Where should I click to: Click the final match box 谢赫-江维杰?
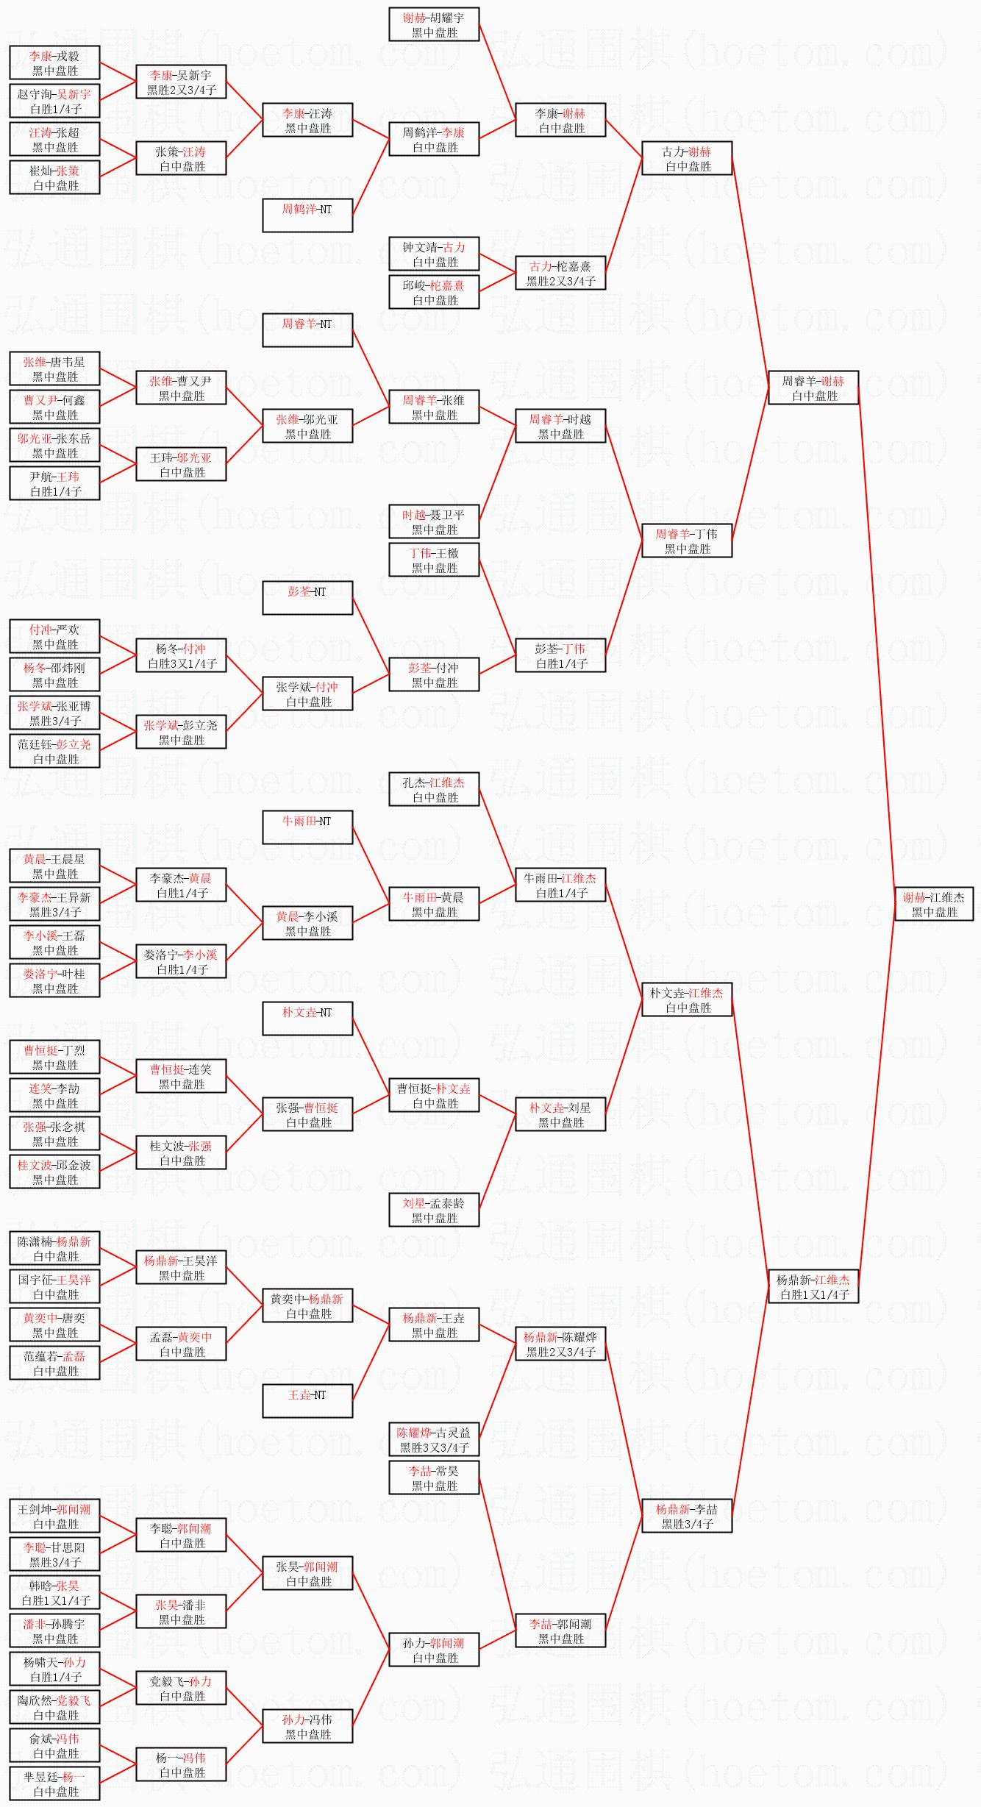[933, 904]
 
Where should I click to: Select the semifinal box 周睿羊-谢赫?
[813, 388]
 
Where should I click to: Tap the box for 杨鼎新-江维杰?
[813, 1286]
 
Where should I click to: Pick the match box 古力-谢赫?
[687, 158]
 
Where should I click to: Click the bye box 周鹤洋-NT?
[307, 215]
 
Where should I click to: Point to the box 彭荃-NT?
[307, 598]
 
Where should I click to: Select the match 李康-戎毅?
[54, 63]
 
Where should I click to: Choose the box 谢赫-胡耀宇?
[434, 24]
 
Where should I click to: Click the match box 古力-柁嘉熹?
[560, 273]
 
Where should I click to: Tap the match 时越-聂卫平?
[434, 521]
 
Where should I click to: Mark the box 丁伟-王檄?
[434, 560]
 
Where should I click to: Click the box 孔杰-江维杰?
[434, 789]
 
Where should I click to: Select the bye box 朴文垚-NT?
[307, 1019]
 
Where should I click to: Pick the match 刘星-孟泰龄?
[434, 1210]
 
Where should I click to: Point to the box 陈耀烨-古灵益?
[434, 1439]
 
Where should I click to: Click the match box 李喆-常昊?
[434, 1478]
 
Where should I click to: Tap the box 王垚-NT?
[307, 1401]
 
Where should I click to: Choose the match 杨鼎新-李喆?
[687, 1516]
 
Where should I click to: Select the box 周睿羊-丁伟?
[687, 541]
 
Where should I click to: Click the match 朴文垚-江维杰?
[687, 999]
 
